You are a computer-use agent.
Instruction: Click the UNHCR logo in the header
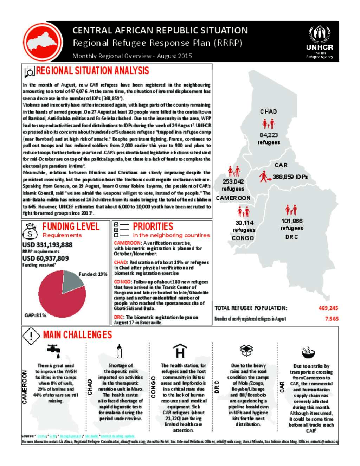point(319,42)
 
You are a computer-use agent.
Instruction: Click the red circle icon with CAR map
point(43,42)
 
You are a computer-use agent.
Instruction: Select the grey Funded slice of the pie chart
point(72,282)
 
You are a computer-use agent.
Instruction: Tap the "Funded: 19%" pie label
point(93,274)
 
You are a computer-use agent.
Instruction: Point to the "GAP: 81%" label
point(36,315)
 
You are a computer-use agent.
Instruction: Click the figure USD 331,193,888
point(47,245)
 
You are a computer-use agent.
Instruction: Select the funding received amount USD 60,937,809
point(46,258)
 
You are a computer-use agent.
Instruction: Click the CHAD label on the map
point(269,111)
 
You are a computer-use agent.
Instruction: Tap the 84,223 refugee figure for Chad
point(269,135)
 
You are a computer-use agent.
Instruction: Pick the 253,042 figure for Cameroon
point(233,181)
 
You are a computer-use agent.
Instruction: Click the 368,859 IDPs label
point(290,177)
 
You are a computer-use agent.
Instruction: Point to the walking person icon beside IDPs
point(264,176)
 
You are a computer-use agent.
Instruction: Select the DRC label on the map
point(291,237)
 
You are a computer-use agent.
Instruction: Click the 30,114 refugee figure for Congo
point(244,223)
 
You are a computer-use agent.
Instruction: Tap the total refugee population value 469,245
point(328,308)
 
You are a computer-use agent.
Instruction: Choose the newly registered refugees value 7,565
point(332,319)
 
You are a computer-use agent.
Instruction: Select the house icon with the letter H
point(180,351)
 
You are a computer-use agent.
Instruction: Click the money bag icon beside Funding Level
point(30,231)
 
